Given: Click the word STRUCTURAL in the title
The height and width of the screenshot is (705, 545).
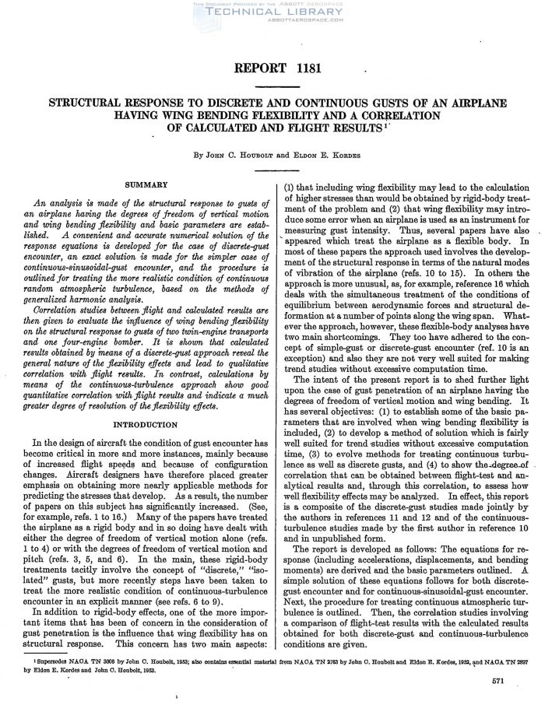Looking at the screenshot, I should click(86, 103).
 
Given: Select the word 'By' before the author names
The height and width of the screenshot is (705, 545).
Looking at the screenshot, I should click(199, 155).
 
